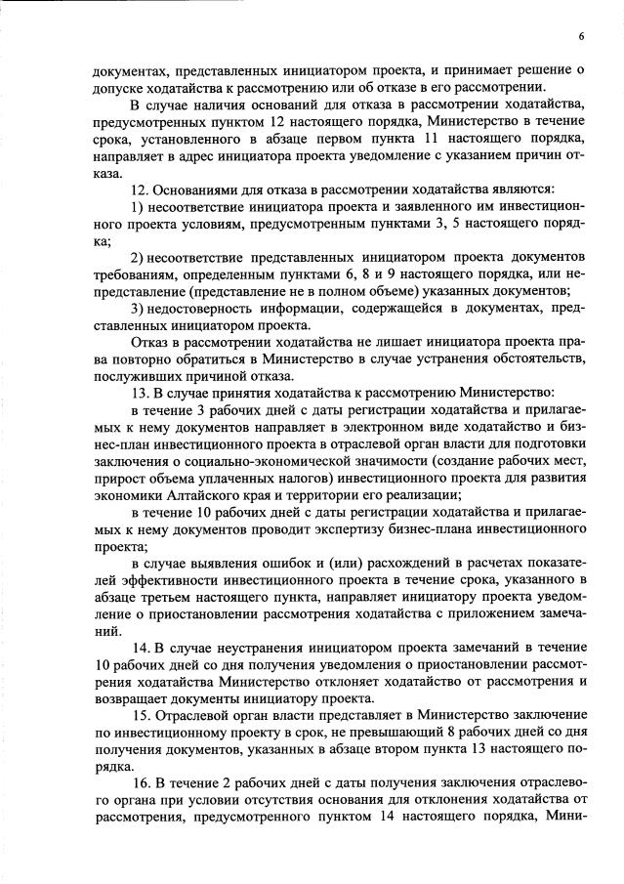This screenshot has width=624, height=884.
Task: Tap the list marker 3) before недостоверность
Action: coord(136,307)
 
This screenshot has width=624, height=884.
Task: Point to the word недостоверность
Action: coord(202,307)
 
